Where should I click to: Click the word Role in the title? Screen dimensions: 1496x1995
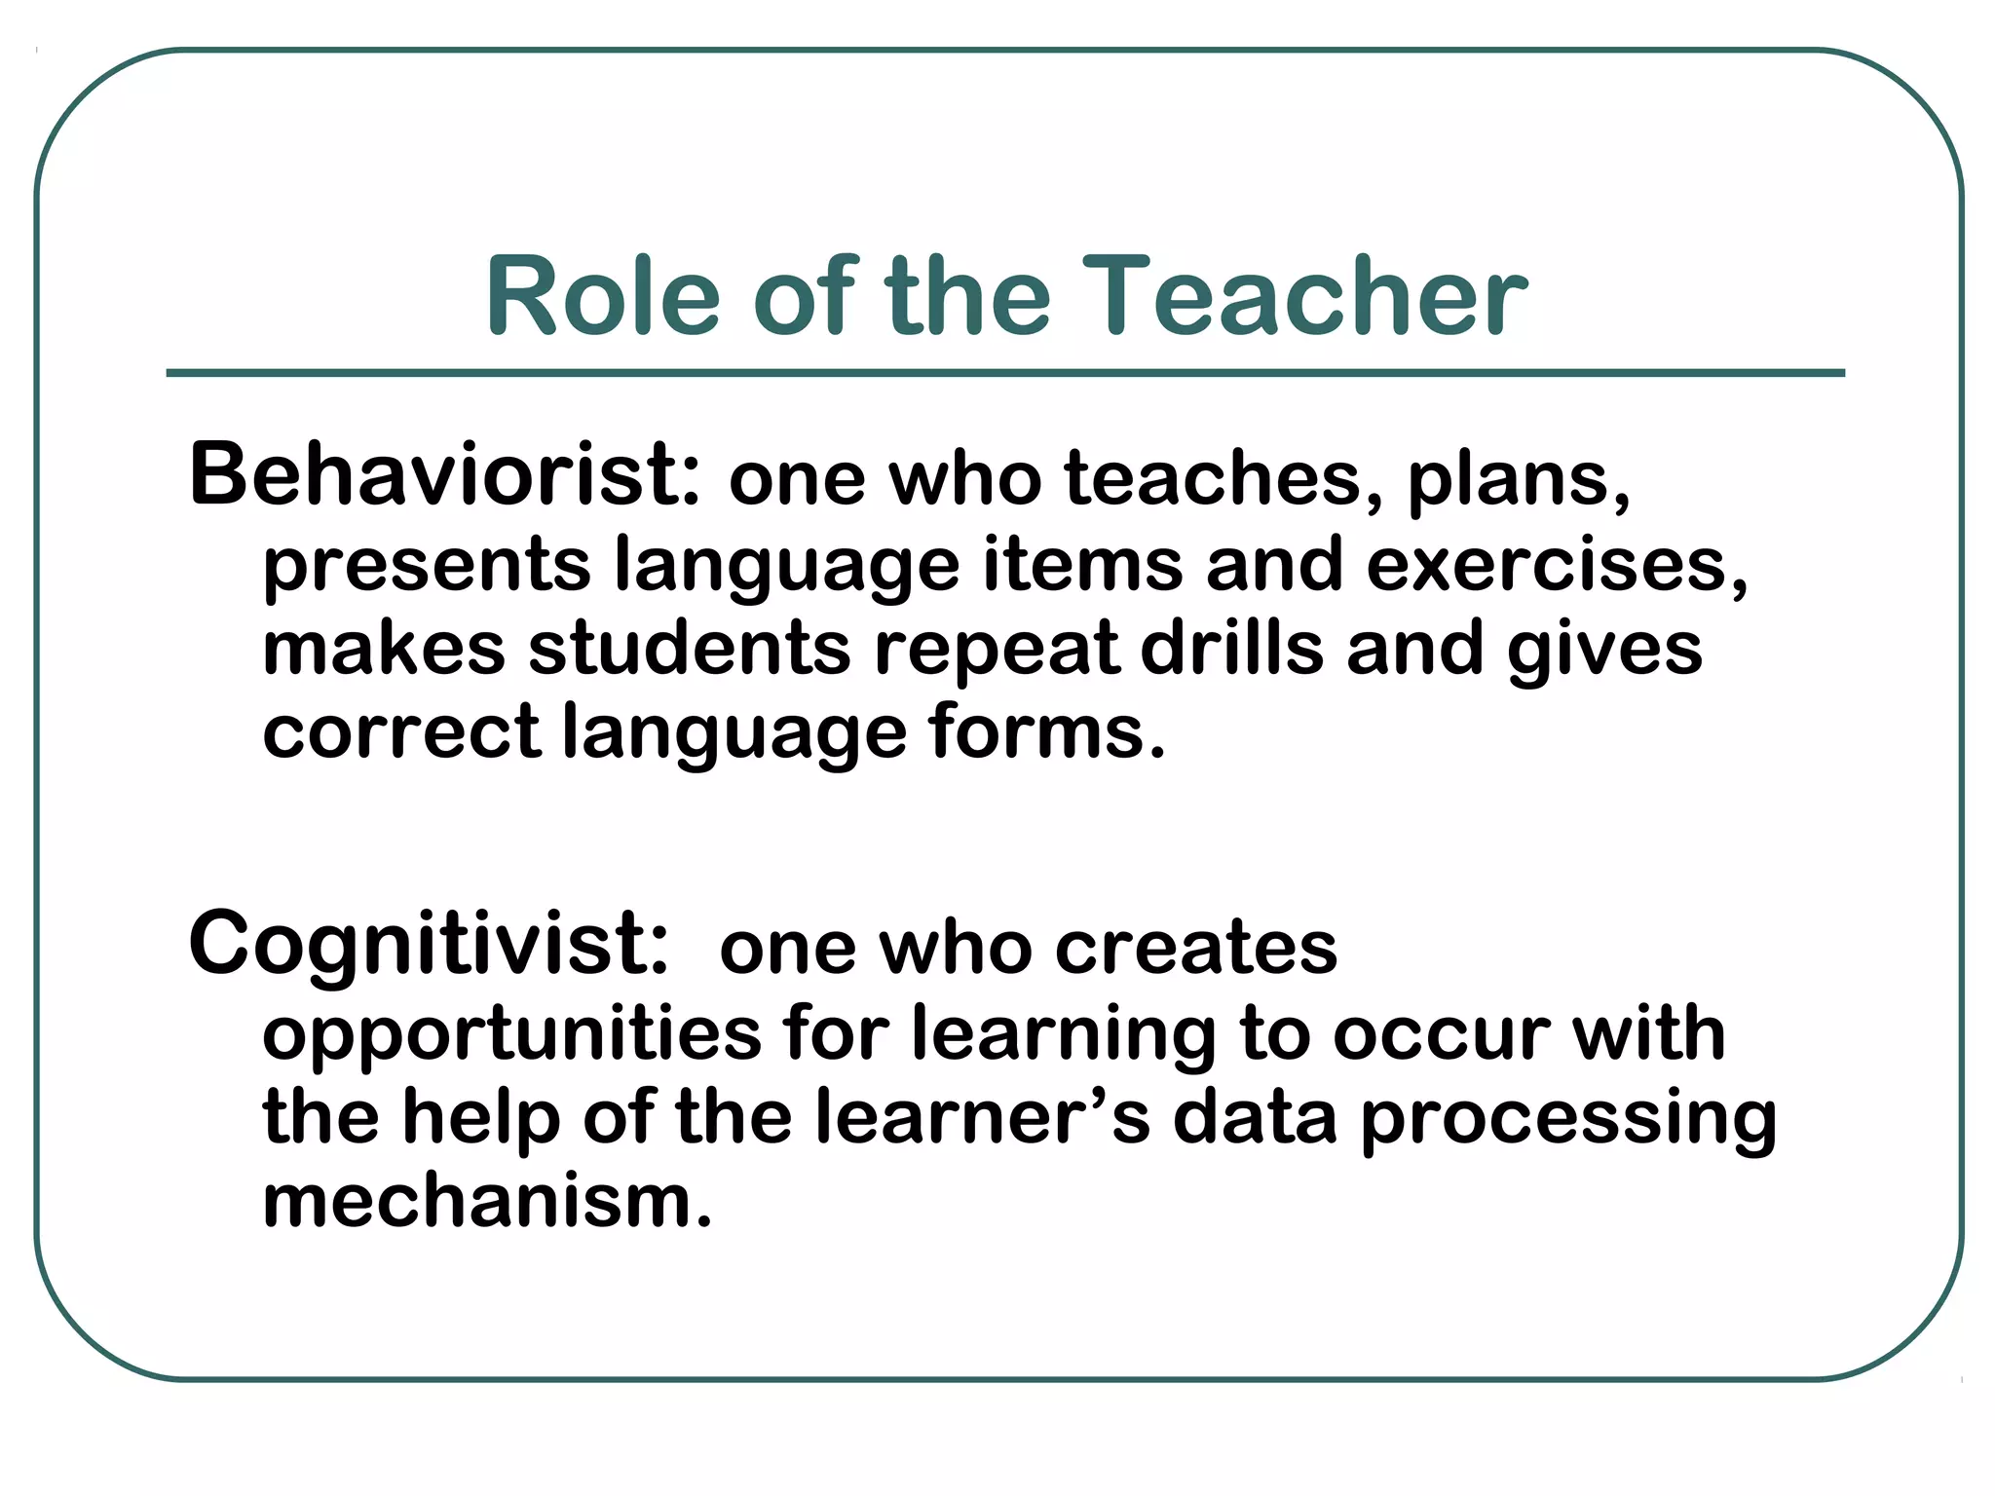click(603, 296)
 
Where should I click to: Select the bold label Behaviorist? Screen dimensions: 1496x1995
click(444, 475)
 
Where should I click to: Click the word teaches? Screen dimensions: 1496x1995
click(1211, 478)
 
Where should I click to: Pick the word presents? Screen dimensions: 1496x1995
click(427, 566)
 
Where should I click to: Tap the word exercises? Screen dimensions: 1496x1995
click(1556, 564)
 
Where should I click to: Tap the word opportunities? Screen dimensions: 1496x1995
click(511, 1034)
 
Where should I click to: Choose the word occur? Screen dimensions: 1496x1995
click(1441, 1033)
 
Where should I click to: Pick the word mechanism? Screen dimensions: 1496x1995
click(487, 1202)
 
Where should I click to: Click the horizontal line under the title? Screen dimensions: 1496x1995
click(1005, 373)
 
